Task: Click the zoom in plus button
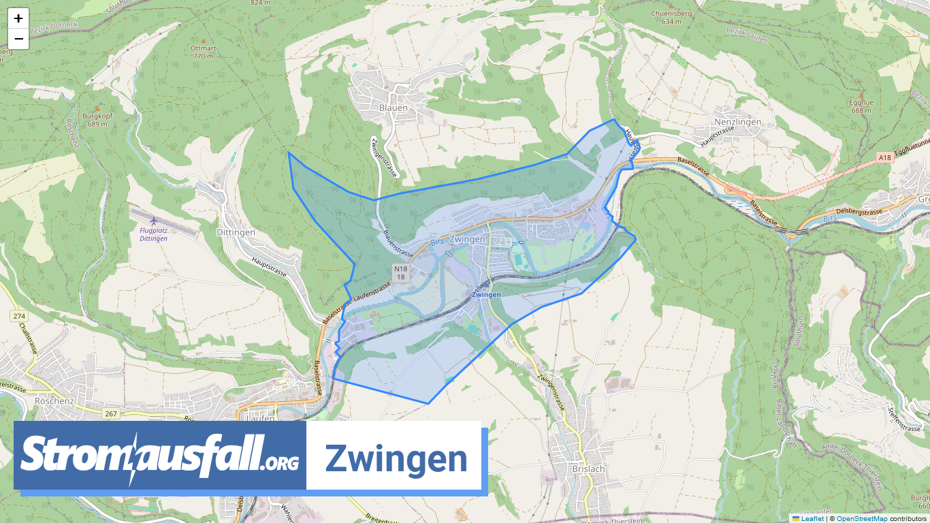pos(18,18)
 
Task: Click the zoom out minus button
pos(18,39)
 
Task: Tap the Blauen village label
pos(393,108)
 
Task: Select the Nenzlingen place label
pos(737,121)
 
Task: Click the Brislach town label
pos(589,469)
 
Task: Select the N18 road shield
pos(401,272)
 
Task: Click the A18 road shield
pos(884,157)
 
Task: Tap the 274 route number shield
pos(18,317)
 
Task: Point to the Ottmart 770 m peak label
pos(202,52)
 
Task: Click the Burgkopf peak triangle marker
pos(97,108)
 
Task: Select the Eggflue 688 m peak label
pos(861,106)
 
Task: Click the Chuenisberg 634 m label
pos(666,16)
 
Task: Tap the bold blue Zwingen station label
pos(486,294)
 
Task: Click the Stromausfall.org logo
pos(160,456)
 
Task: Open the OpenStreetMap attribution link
pos(862,518)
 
